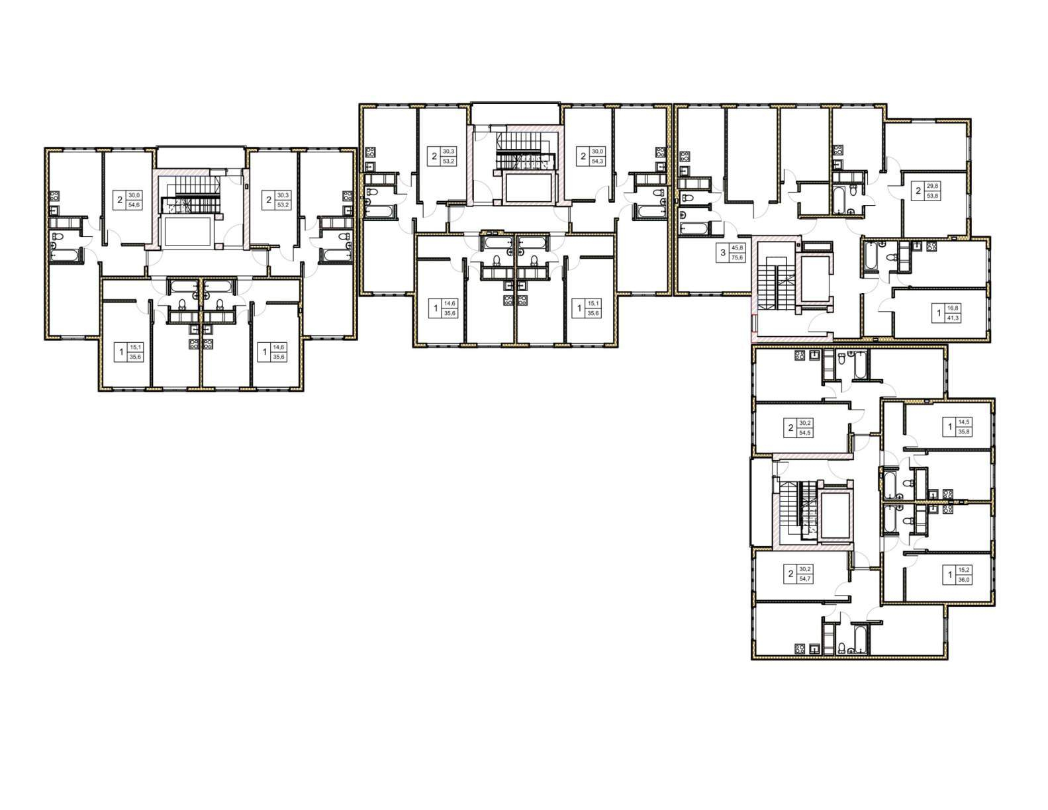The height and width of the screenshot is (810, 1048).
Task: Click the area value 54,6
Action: pyautogui.click(x=134, y=205)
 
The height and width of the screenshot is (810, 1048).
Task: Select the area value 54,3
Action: pyautogui.click(x=598, y=161)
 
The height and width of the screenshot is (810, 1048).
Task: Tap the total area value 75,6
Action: pyautogui.click(x=738, y=257)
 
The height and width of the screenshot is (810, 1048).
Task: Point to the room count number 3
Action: pyautogui.click(x=722, y=253)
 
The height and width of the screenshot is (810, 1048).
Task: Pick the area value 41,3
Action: pyautogui.click(x=953, y=318)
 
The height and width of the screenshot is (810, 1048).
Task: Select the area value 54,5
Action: pyautogui.click(x=805, y=433)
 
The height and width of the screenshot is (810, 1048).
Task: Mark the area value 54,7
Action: pyautogui.click(x=805, y=578)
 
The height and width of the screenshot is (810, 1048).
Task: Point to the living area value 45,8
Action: pyautogui.click(x=738, y=247)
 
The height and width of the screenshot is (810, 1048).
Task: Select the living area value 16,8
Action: pyautogui.click(x=953, y=308)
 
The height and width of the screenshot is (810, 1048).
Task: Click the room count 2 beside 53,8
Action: pyautogui.click(x=918, y=191)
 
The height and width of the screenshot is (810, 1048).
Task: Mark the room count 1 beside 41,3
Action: pyautogui.click(x=939, y=313)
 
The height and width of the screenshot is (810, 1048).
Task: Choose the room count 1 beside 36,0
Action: pyautogui.click(x=950, y=575)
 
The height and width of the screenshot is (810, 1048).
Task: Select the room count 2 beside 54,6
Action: pyautogui.click(x=120, y=200)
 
